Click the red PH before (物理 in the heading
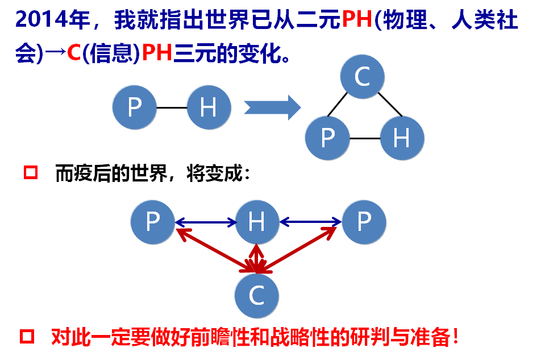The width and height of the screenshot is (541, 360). tap(356, 21)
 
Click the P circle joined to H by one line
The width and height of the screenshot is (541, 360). tap(135, 107)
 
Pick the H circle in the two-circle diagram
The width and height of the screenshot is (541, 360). tap(209, 107)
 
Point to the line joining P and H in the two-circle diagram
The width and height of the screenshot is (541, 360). tap(172, 107)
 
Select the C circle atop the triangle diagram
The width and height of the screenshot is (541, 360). tap(362, 77)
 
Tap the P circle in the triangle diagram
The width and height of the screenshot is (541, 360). tap(327, 138)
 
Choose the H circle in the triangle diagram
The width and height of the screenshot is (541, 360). tap(402, 138)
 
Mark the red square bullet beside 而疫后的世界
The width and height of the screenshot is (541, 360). tap(31, 172)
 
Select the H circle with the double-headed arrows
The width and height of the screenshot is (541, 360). tap(257, 222)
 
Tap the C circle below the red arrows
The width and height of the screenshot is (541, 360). tap(257, 295)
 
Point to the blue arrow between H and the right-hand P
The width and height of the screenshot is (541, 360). tap(310, 222)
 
